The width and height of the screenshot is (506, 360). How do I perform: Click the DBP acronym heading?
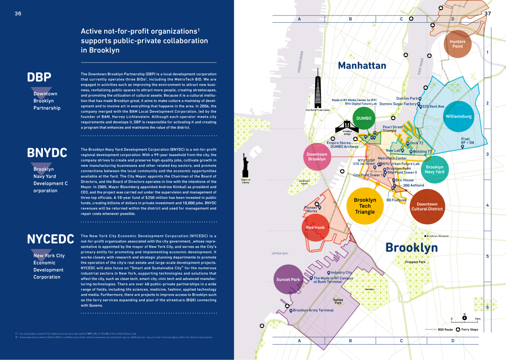click(39, 77)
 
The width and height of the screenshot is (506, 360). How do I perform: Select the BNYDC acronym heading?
click(47, 153)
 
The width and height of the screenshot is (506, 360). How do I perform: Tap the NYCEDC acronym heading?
click(51, 239)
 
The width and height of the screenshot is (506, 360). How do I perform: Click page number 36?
click(18, 14)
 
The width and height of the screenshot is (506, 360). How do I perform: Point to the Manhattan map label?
click(362, 66)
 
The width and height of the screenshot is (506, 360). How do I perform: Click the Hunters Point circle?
click(458, 44)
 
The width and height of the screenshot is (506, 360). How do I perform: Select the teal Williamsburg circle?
click(458, 116)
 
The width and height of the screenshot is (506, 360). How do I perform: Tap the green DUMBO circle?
click(364, 118)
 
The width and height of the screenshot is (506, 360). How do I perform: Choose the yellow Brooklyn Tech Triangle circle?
click(365, 206)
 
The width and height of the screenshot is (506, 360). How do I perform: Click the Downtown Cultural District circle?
click(427, 207)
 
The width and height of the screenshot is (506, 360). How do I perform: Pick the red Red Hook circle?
click(316, 227)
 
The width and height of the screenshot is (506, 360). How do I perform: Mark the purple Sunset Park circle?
click(288, 279)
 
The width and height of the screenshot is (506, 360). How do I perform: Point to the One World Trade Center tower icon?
click(318, 92)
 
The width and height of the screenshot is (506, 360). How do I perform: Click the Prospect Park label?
click(415, 262)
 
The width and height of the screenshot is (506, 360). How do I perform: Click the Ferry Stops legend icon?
click(458, 330)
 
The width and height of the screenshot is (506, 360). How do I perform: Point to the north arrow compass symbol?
click(464, 318)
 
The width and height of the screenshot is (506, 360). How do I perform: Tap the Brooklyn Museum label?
click(437, 236)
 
